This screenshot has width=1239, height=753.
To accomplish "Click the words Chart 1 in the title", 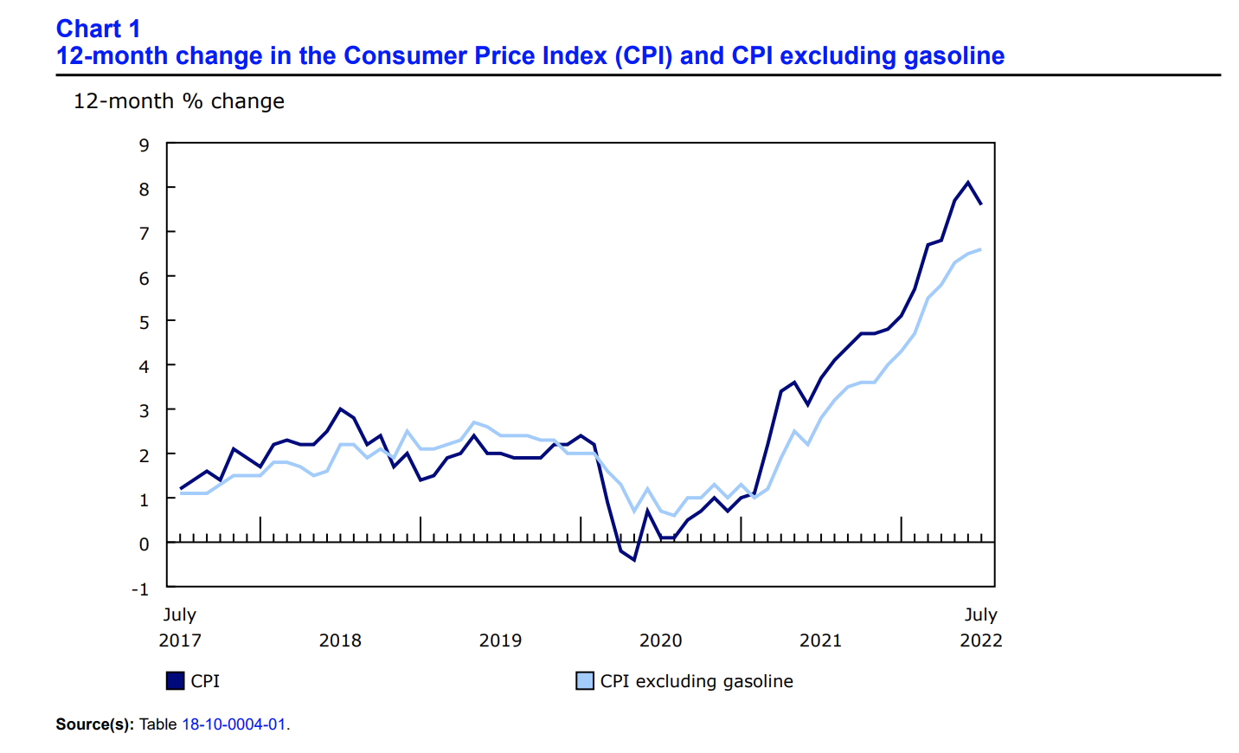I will [x=98, y=29].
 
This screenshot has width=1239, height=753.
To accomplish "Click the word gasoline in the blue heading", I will [x=953, y=55].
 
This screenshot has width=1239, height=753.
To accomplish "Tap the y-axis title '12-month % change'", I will [x=178, y=101].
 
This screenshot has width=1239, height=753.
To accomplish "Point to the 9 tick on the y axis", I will [x=144, y=145].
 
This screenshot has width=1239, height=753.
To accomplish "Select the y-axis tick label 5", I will [x=144, y=322].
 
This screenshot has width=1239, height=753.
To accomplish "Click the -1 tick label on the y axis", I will [x=140, y=589].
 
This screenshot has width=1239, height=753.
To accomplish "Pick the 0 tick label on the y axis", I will [x=144, y=544].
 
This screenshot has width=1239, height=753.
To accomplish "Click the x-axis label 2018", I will [x=340, y=640].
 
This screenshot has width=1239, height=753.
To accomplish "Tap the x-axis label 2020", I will [x=660, y=640].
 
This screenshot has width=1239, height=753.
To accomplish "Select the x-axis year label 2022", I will [x=980, y=640].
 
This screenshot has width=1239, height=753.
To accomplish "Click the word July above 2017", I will [x=180, y=615].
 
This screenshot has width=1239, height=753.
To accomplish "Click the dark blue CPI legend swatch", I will [x=176, y=681].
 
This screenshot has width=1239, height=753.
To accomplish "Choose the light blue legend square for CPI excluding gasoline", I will [x=585, y=681].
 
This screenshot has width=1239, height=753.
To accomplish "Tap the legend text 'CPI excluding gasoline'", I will [x=697, y=681].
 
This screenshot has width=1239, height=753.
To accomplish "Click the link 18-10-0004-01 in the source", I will [x=234, y=724].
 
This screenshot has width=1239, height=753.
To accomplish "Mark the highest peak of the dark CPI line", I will [x=967, y=182].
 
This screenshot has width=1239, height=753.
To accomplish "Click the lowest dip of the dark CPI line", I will [x=634, y=560].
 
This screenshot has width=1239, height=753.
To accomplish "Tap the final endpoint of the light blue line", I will [x=980, y=249].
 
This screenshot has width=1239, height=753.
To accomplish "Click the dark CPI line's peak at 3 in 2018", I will [x=340, y=409].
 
